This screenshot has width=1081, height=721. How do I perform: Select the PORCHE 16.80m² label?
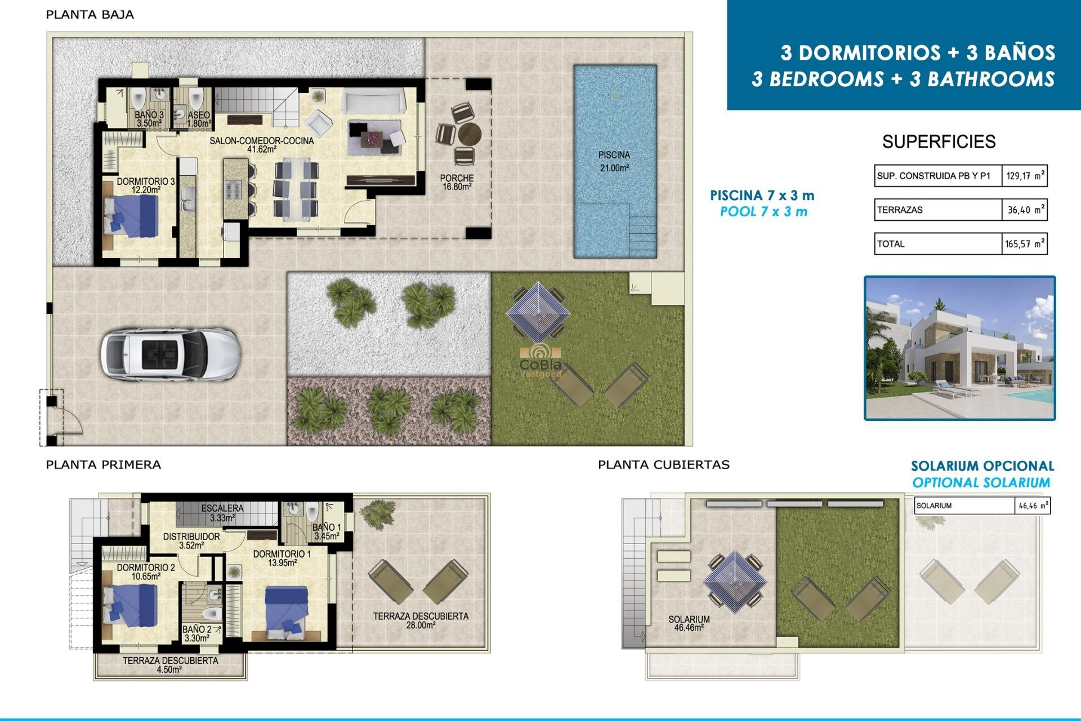(x=457, y=183)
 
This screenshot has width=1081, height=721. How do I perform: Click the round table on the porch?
(x=469, y=135)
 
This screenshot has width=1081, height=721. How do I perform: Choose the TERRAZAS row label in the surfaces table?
(x=900, y=210)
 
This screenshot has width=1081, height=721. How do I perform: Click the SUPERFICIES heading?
(x=939, y=141)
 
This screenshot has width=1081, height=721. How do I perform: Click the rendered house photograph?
(x=959, y=348)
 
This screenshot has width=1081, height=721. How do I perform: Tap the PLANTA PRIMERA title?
(x=104, y=465)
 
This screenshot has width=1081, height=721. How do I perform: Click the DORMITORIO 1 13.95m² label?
(x=282, y=558)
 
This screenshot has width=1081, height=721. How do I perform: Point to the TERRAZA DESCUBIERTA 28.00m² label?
(x=421, y=620)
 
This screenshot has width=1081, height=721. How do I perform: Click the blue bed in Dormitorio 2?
(x=131, y=606)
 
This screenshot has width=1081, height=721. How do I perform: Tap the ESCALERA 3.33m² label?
(x=222, y=513)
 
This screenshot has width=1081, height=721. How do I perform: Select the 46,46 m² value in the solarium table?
(x=1033, y=506)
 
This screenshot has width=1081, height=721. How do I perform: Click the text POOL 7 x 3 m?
(x=763, y=212)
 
